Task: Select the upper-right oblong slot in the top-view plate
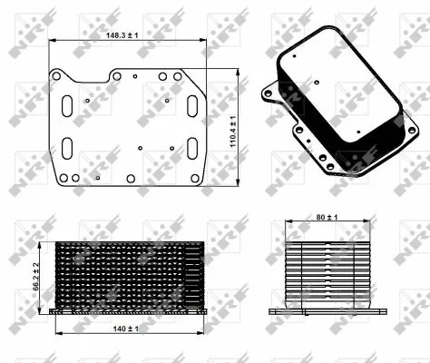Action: click(192, 105)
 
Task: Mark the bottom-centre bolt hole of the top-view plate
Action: click(130, 179)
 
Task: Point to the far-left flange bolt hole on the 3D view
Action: click(266, 92)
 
